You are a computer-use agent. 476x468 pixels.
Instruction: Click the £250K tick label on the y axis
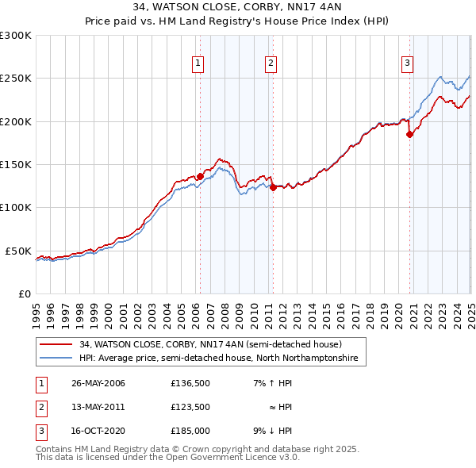point(16,79)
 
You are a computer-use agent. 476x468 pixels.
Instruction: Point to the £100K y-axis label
point(16,208)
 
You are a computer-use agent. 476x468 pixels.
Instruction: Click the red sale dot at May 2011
point(273,188)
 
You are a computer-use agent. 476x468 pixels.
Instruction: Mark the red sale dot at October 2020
point(409,135)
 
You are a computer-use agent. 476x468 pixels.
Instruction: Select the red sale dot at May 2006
point(200,176)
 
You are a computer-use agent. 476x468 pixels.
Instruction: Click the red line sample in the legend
point(55,345)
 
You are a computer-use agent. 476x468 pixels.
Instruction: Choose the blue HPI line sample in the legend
point(55,359)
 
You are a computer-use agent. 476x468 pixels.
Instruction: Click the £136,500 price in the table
point(190,383)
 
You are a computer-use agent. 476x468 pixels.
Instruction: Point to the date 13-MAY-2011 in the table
point(98,407)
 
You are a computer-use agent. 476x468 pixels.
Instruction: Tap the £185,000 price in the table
point(190,431)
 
